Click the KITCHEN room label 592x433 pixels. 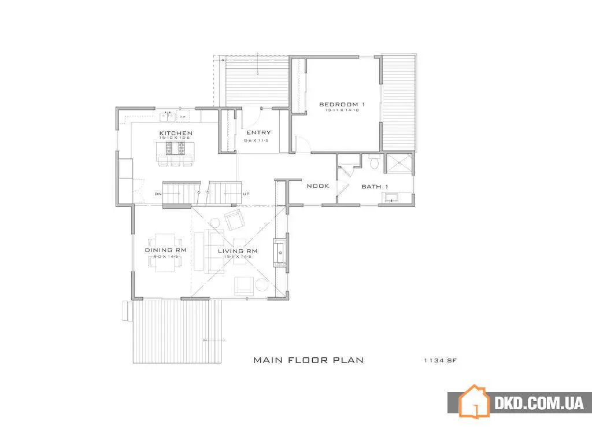176,134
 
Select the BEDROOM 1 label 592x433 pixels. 342,105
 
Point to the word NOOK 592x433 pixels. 317,186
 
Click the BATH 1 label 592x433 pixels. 375,187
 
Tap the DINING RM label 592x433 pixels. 165,250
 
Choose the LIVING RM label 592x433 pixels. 237,251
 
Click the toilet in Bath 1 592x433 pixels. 373,162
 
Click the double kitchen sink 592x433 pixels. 168,117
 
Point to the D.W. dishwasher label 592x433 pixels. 183,117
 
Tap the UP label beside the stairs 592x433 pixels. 246,194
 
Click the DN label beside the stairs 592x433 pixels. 158,194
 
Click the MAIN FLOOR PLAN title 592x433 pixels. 309,360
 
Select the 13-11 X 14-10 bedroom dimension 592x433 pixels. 342,110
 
